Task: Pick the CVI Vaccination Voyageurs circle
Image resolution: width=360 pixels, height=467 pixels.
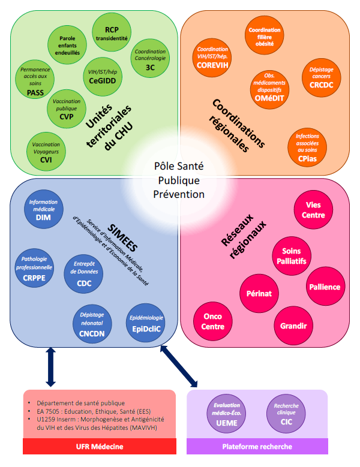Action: tap(46, 153)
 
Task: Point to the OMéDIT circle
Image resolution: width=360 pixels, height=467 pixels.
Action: tap(269, 89)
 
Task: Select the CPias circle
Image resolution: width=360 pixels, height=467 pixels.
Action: tap(307, 147)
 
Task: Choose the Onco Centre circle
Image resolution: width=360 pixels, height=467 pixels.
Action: tap(213, 323)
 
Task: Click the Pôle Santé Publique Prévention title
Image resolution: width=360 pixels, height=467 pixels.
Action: tap(179, 180)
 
